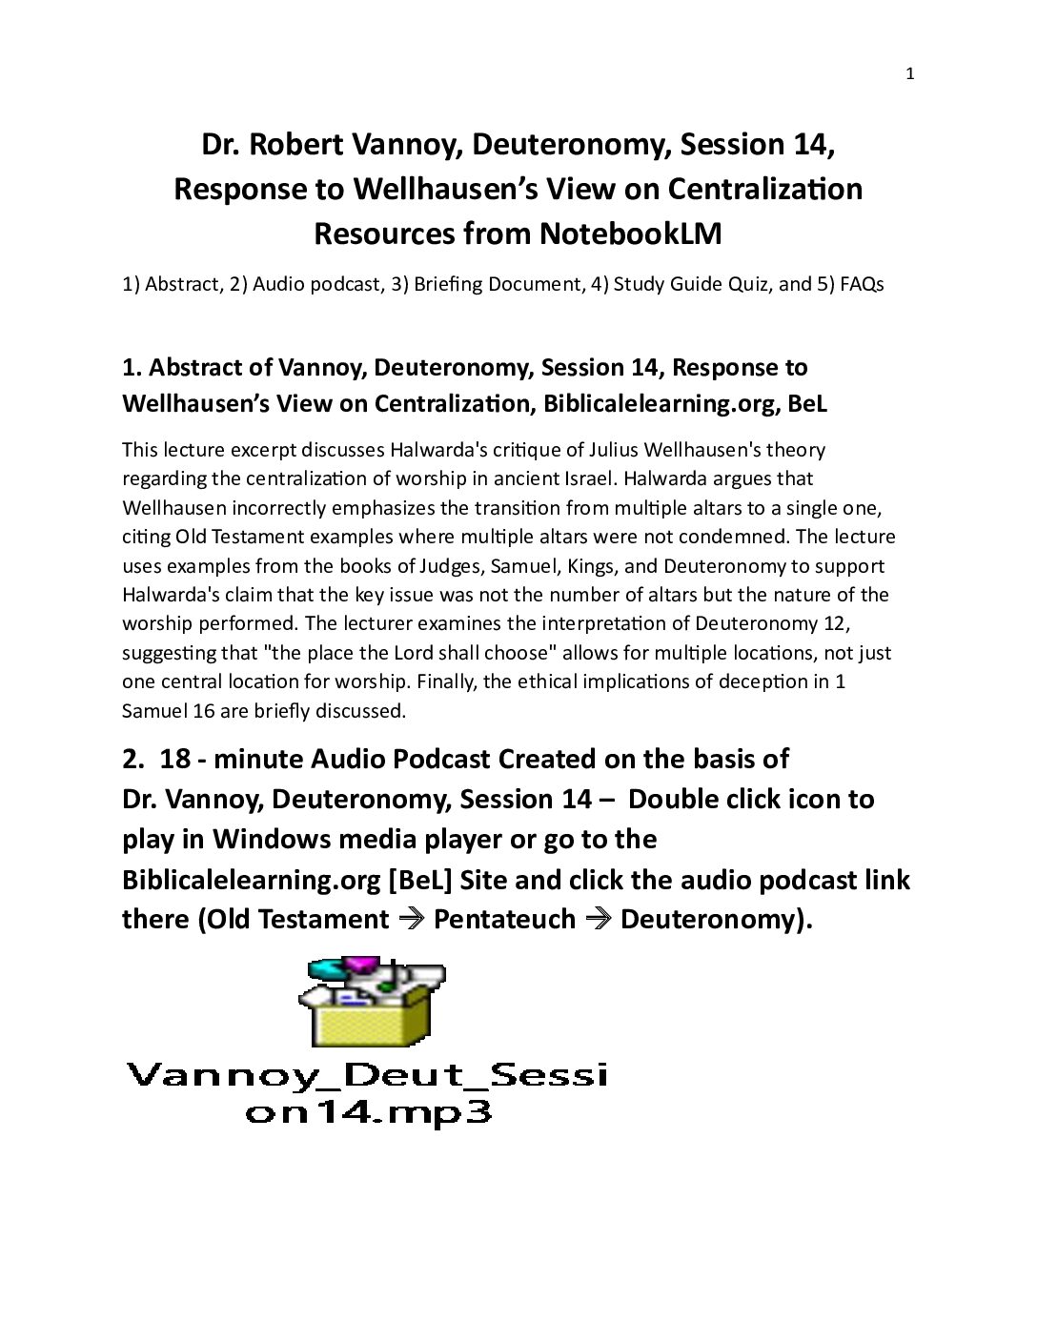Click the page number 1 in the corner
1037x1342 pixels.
(909, 74)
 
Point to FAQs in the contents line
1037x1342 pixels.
(862, 284)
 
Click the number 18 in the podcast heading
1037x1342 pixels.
(174, 759)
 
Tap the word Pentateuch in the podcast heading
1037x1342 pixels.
(504, 919)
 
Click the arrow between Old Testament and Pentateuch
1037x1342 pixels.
(411, 919)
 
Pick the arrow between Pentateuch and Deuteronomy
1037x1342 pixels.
(598, 919)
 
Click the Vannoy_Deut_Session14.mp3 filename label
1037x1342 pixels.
(368, 1092)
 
